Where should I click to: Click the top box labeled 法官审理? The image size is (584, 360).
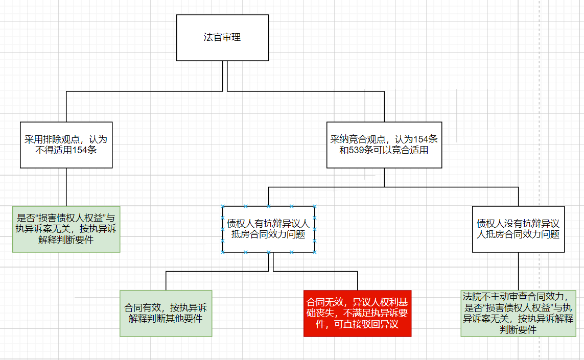tap(222, 37)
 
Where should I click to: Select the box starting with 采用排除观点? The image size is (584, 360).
tap(66, 145)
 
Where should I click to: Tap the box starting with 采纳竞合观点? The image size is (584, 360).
tap(384, 145)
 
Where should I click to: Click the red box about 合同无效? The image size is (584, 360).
tap(357, 314)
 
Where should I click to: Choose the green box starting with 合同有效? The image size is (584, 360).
tap(166, 314)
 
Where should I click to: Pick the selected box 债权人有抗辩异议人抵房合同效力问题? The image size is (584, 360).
tap(268, 229)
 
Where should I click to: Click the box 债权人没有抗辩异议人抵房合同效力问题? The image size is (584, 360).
tap(518, 229)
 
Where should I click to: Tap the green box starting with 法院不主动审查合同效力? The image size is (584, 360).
tap(518, 313)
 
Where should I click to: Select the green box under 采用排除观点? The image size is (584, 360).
tap(66, 229)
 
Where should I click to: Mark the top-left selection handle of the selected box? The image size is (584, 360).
tap(223, 207)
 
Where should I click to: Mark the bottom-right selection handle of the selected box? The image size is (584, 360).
tap(314, 252)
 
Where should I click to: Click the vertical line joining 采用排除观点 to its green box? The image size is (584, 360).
tap(66, 186)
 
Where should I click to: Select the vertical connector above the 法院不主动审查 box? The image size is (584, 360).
tap(518, 271)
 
